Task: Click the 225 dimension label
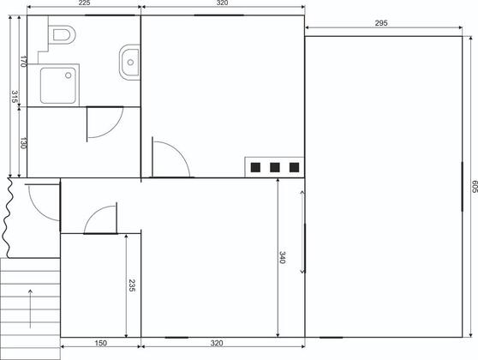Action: (x=84, y=3)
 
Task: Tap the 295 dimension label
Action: (x=381, y=23)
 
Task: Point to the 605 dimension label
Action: (x=475, y=187)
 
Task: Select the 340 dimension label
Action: (x=283, y=257)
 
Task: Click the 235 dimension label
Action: (x=132, y=285)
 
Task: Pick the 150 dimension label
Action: (x=100, y=343)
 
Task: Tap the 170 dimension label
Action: (x=23, y=62)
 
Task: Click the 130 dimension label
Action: (x=23, y=143)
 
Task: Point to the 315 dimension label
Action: (x=14, y=97)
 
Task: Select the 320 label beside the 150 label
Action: (x=217, y=343)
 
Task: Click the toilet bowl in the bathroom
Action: (x=64, y=35)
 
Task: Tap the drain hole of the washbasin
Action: (x=130, y=63)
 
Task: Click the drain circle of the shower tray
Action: (x=69, y=75)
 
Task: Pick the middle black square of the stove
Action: (x=275, y=167)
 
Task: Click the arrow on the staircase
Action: (x=30, y=309)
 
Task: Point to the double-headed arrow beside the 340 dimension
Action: (x=302, y=232)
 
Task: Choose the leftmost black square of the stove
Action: (x=255, y=167)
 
